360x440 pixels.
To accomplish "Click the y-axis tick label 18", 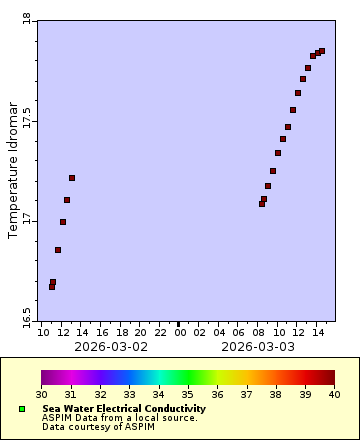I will point(26,18).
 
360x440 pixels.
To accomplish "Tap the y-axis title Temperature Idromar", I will point(13,169).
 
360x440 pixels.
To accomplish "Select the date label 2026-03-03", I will point(258,347).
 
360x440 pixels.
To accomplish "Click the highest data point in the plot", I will point(322,51).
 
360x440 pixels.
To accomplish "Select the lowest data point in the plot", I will point(52,287).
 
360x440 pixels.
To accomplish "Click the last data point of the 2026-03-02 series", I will point(72,178).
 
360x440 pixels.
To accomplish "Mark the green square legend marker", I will point(22,409).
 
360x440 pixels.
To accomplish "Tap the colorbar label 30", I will point(41,395).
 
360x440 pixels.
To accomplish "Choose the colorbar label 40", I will point(335,395).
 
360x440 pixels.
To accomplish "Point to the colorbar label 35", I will point(188,395).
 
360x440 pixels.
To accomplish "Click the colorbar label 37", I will point(247,395).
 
